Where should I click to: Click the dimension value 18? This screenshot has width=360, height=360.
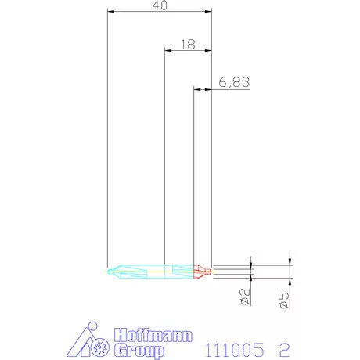186,45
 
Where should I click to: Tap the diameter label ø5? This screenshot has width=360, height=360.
284,301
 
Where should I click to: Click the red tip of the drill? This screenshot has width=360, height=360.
202,271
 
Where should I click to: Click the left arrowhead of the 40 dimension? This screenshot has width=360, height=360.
110,12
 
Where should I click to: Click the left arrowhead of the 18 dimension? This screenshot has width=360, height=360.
167,51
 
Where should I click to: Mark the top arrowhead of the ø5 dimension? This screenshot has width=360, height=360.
290,262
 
